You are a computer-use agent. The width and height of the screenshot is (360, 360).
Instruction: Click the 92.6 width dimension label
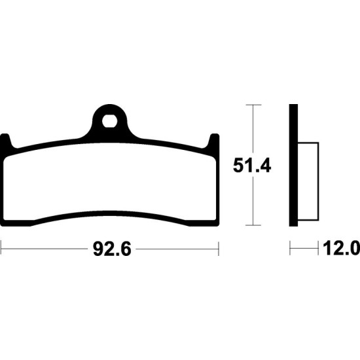112,249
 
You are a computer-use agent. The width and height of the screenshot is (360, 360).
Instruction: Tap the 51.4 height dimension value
252,166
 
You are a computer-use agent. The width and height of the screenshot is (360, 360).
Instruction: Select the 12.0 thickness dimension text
342,249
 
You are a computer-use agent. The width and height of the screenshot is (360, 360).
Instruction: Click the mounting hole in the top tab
109,121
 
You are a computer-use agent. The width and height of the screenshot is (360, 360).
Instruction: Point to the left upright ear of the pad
6,141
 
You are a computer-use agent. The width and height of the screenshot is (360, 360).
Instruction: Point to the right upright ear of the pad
213,141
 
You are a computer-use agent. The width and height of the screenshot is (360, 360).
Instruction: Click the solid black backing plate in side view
293,166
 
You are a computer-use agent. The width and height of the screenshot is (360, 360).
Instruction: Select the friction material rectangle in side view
308,181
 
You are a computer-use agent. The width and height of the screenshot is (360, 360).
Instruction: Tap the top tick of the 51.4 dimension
253,105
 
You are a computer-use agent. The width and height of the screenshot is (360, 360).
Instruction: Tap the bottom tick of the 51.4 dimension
253,225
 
